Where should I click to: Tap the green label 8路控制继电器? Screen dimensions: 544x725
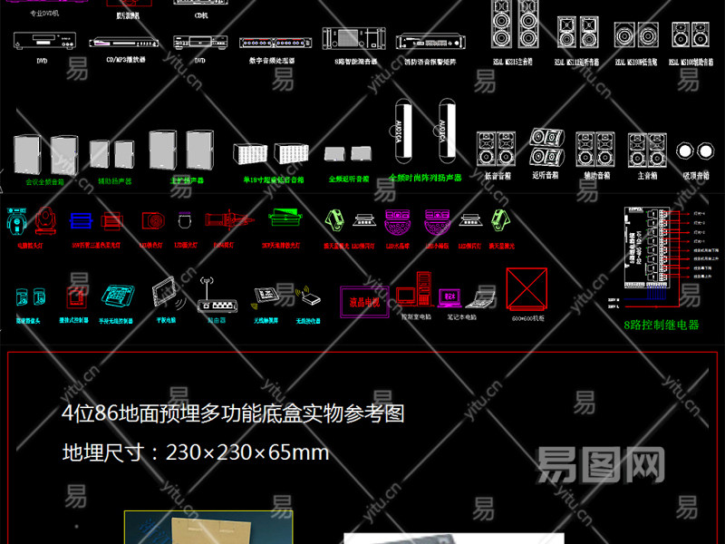662,324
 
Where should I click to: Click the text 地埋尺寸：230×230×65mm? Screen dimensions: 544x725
195,452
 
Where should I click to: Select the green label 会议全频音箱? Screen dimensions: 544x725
44,181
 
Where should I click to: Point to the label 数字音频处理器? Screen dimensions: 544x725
270,62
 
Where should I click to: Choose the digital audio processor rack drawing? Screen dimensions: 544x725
270,42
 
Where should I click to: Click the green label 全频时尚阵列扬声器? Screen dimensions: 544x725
425,179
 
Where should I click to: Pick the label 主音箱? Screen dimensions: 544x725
647,174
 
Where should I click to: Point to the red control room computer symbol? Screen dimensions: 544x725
420,291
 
